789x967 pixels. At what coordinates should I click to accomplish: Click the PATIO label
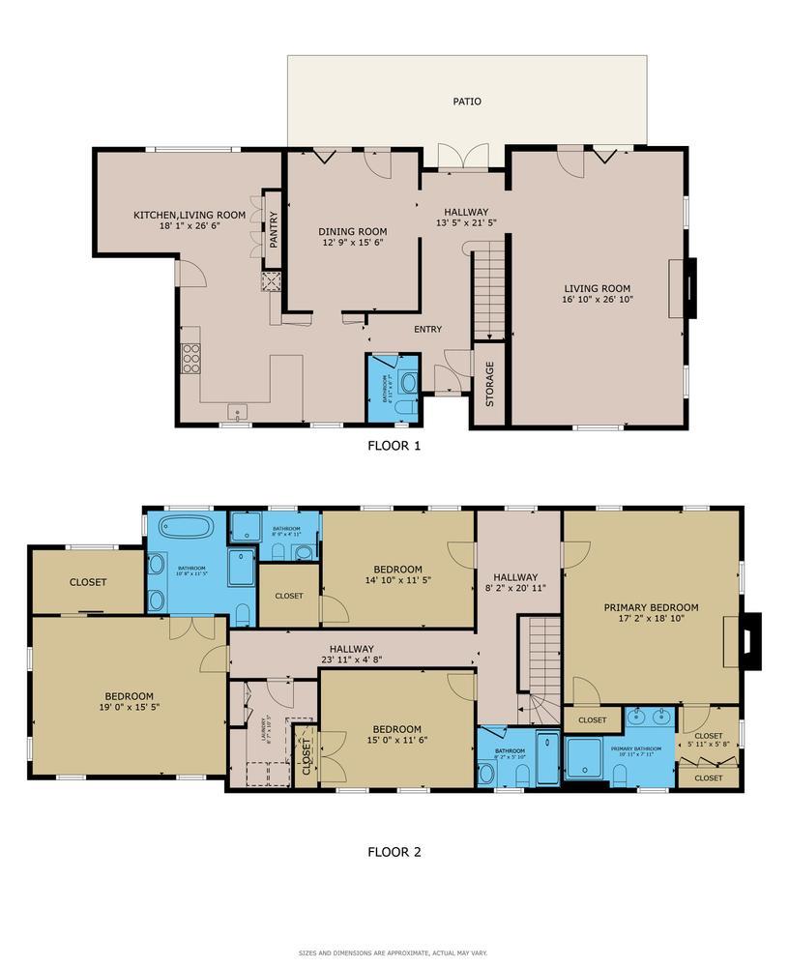coord(467,102)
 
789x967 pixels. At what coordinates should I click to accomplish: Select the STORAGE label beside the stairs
coord(489,383)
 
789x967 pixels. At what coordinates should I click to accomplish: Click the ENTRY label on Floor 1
coord(427,330)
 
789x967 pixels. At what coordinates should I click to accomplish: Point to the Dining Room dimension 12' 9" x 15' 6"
coord(353,244)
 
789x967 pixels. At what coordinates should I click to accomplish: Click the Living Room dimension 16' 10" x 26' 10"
coord(598,300)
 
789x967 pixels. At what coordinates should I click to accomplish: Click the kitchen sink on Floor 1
coord(238,414)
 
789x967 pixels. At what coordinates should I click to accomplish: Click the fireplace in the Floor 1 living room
coord(690,287)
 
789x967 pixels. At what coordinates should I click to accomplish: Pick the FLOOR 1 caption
coord(394,446)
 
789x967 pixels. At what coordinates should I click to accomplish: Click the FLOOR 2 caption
coord(394,852)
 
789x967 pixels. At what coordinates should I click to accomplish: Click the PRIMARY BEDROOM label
coord(651,608)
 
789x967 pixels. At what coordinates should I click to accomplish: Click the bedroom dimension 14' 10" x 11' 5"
coord(397,580)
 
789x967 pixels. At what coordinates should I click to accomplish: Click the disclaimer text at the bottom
coord(394,952)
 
